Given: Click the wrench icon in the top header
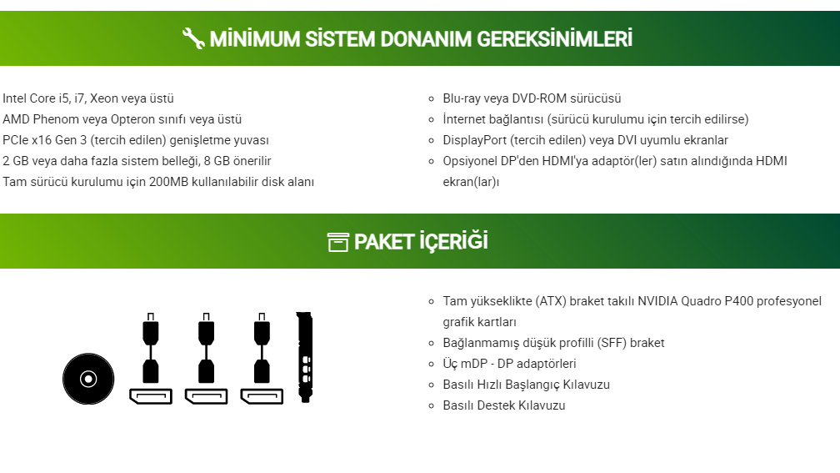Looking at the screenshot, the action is point(192,38).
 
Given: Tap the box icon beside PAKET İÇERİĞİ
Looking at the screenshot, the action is point(338,242).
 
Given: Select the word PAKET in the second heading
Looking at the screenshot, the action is point(384,242).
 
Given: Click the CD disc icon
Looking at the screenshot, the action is point(88,379).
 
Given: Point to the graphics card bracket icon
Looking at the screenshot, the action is point(305,357).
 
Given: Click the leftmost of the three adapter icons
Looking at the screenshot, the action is point(151,358).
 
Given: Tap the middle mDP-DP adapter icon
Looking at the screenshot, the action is point(207,358).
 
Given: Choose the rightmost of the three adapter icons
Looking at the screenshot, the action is point(262,358).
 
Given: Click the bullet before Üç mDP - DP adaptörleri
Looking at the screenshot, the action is point(432,364).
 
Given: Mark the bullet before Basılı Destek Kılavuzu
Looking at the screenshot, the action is point(432,406).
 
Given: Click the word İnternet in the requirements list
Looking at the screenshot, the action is point(464,119).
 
